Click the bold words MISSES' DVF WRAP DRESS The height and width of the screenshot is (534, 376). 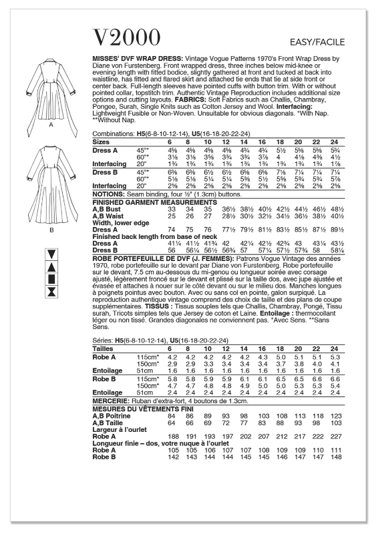point(130,59)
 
